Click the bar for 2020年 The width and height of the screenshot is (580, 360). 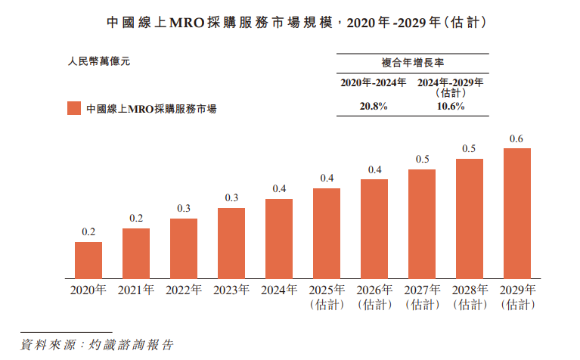pos(88,259)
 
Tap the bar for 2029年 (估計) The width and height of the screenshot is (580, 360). pos(517,213)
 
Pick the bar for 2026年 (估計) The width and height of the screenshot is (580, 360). pos(374,228)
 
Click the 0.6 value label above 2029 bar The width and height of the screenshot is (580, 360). pos(517,138)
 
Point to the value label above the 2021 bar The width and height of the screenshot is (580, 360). pos(136,218)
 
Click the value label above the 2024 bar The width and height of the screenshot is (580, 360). pos(279,188)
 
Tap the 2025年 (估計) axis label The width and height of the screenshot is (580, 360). pos(327,297)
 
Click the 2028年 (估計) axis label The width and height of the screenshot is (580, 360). pos(470,297)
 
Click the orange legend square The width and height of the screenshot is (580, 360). pos(73,108)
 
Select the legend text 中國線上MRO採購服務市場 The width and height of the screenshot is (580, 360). pos(151,109)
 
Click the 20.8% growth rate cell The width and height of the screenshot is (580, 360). pos(373,107)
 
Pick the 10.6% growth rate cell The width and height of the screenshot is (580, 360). pos(451,107)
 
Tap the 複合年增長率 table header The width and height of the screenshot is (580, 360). pos(412,64)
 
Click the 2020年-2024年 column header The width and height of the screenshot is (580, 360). pos(373,82)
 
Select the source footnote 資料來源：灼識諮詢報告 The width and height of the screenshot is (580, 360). pos(97,345)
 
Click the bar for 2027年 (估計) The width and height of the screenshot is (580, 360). pos(422,223)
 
